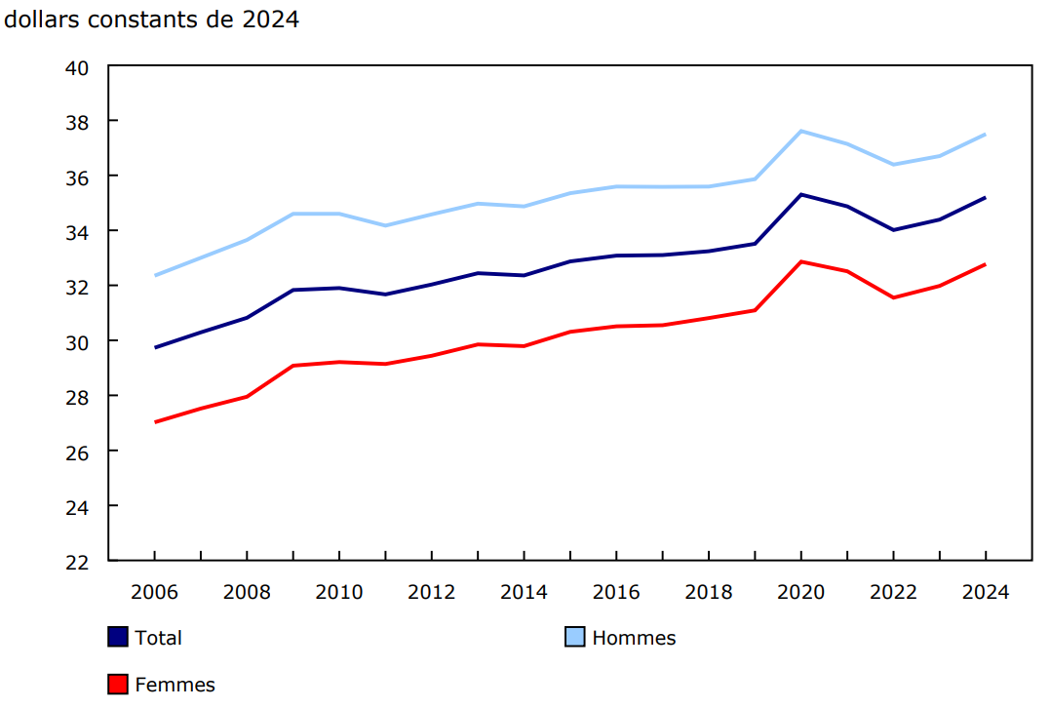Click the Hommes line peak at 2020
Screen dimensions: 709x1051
point(800,131)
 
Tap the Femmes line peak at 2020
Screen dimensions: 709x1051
point(800,261)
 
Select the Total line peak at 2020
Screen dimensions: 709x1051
point(800,194)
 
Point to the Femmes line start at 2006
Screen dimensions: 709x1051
point(155,422)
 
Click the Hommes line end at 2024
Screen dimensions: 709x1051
point(985,135)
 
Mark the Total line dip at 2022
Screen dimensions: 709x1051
point(893,230)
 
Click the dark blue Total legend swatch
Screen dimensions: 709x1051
point(117,638)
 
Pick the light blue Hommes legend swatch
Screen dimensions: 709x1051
point(575,638)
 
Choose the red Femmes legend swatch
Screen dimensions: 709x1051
point(117,685)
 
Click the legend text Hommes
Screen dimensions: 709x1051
point(634,638)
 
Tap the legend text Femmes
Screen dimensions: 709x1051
point(175,685)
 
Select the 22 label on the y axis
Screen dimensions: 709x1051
point(78,562)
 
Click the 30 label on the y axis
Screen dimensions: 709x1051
point(78,341)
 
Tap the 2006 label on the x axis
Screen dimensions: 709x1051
point(155,592)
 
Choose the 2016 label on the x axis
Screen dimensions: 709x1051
point(616,592)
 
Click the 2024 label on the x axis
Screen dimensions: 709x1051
point(985,592)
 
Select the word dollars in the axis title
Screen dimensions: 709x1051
point(39,20)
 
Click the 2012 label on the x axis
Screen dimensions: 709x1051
point(432,592)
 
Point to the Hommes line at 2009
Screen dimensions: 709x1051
point(293,214)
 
